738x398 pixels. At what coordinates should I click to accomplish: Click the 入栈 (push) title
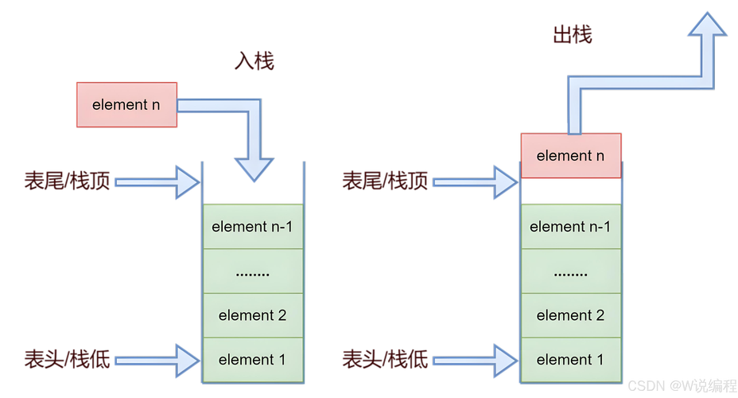coord(254,62)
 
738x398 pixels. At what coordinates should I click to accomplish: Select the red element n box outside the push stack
coord(126,104)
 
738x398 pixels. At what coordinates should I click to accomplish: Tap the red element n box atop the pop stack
coord(570,156)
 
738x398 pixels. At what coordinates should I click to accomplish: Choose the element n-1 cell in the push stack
coord(252,227)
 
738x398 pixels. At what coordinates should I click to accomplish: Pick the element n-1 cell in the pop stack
coord(570,227)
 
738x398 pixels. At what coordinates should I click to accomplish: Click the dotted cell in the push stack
coord(252,271)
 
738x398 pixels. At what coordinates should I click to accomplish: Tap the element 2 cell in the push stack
coord(252,315)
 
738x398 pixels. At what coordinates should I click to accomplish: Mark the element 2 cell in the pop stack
coord(570,315)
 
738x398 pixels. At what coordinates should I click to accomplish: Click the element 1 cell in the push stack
coord(252,360)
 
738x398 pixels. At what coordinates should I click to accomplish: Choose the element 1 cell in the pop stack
coord(570,360)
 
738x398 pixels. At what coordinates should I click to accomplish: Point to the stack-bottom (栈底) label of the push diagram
coord(68,359)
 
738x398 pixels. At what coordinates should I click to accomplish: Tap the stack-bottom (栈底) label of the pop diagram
coord(386,359)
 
